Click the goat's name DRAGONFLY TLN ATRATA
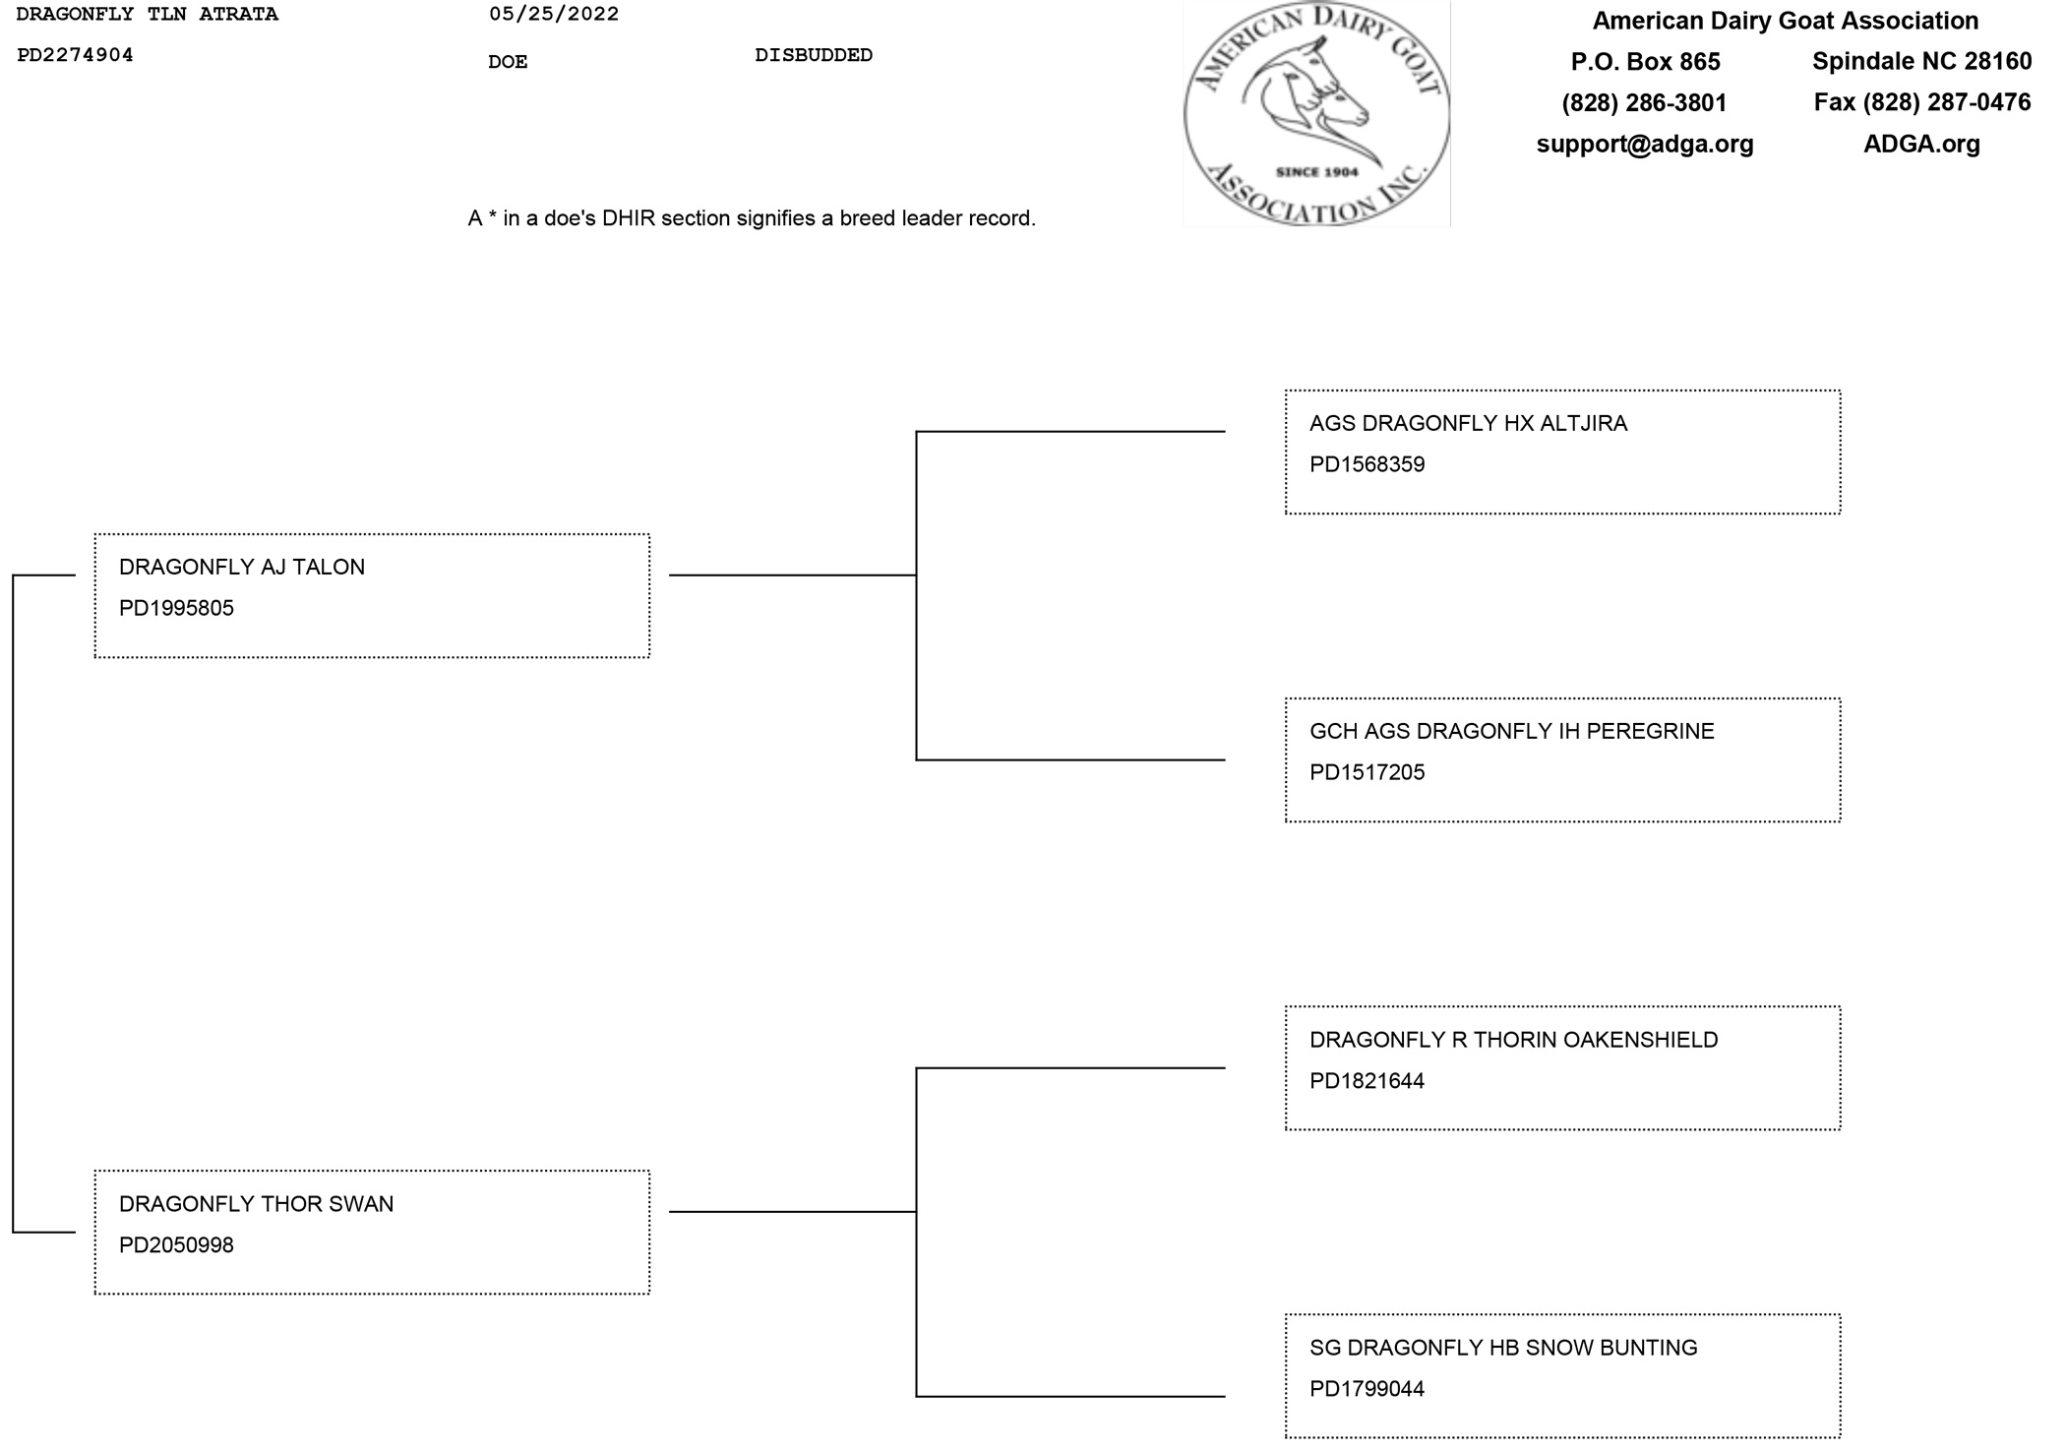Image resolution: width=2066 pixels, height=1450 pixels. click(148, 15)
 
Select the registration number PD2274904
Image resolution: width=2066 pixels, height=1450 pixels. click(75, 55)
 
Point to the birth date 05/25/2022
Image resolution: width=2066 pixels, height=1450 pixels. click(554, 14)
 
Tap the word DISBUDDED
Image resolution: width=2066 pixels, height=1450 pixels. click(814, 55)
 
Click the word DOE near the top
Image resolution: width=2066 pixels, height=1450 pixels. click(508, 62)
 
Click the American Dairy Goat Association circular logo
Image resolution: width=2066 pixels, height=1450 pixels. click(1316, 113)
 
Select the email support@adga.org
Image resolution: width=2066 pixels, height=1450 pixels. click(1645, 144)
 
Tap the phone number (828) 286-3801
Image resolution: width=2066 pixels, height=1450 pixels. click(1644, 102)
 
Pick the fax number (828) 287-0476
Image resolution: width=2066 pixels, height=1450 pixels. click(1922, 102)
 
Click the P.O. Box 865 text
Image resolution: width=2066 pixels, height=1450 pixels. click(1645, 61)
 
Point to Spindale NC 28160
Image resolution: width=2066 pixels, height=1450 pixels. click(1921, 61)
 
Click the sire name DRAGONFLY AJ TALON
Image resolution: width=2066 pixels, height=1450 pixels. click(242, 567)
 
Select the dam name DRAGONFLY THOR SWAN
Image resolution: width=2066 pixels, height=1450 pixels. click(256, 1204)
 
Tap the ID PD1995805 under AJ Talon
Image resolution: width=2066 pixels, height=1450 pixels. click(176, 608)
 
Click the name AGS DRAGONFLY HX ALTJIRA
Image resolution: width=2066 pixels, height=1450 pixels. click(1468, 423)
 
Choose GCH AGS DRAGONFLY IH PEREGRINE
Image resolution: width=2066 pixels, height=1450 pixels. click(1511, 731)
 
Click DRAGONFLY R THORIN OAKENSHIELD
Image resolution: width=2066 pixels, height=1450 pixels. click(1513, 1040)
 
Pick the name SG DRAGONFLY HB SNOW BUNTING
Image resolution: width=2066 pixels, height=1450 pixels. click(1503, 1348)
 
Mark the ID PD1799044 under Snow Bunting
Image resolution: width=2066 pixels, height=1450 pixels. click(1367, 1389)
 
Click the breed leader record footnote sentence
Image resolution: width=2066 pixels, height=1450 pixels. click(752, 218)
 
